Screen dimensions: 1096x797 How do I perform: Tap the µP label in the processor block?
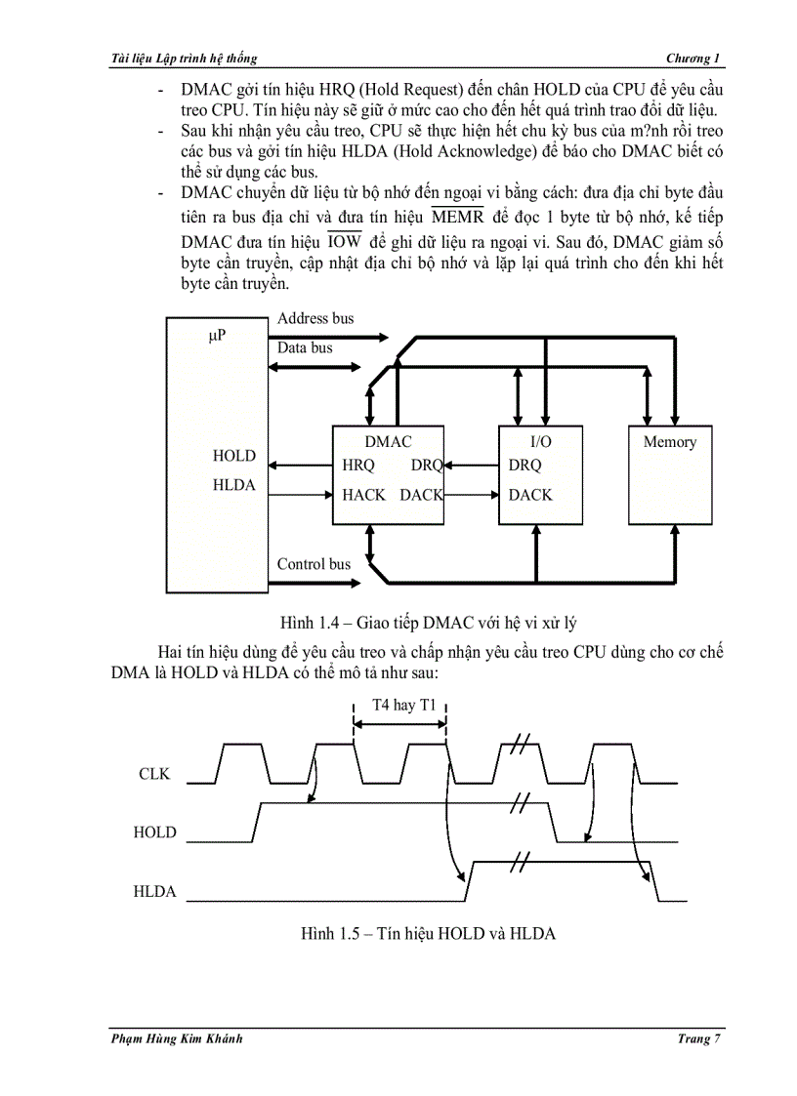tap(217, 336)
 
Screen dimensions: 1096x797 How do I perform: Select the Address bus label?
tap(315, 318)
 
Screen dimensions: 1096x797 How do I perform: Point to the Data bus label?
tap(305, 347)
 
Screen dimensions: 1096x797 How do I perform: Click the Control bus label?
tap(314, 564)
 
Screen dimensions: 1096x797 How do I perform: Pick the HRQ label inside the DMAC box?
tap(358, 466)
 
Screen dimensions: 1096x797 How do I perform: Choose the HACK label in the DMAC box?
tap(363, 495)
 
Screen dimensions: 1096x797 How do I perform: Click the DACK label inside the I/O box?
tap(530, 495)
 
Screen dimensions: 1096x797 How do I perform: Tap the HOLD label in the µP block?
tap(234, 456)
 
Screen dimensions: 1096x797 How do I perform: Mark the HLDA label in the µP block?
tap(234, 485)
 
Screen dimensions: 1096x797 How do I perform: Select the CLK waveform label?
tap(154, 774)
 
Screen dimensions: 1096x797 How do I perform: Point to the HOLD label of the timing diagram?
tap(155, 832)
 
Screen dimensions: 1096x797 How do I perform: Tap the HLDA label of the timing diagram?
tap(155, 891)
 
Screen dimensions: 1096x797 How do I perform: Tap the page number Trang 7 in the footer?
tap(698, 1038)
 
